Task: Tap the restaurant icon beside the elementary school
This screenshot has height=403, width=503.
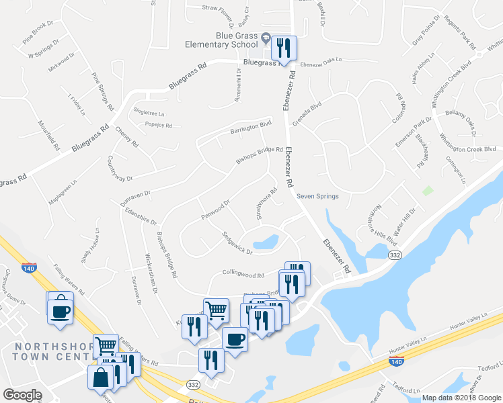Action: pyautogui.click(x=283, y=48)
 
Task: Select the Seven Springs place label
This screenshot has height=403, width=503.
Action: pyautogui.click(x=317, y=196)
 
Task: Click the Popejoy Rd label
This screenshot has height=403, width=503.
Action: pyautogui.click(x=159, y=125)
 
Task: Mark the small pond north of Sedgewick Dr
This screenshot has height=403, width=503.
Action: pyautogui.click(x=265, y=242)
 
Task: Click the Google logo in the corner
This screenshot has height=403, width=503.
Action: pyautogui.click(x=22, y=395)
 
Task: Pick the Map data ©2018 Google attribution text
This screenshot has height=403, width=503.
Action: pyautogui.click(x=462, y=398)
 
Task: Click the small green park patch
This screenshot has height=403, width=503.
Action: pyautogui.click(x=426, y=190)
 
